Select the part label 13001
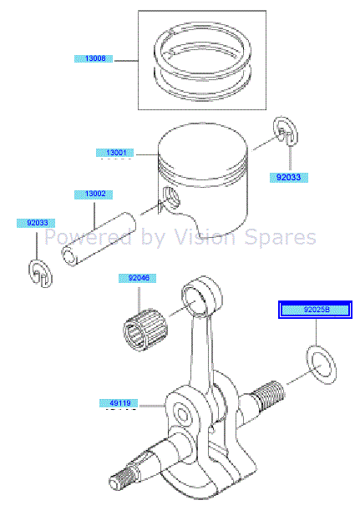pos(115,153)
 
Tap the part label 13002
pos(94,194)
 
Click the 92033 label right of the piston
pos(289,178)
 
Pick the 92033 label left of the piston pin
pos(36,223)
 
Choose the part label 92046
pos(138,278)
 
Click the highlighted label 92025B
pos(316,310)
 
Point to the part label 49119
pos(119,403)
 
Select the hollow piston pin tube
pos(99,239)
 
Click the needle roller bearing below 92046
pos(146,330)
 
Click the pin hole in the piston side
pos(171,197)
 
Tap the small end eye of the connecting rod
pos(202,295)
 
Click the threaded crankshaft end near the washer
pos(268,392)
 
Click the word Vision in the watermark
pos(205,237)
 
